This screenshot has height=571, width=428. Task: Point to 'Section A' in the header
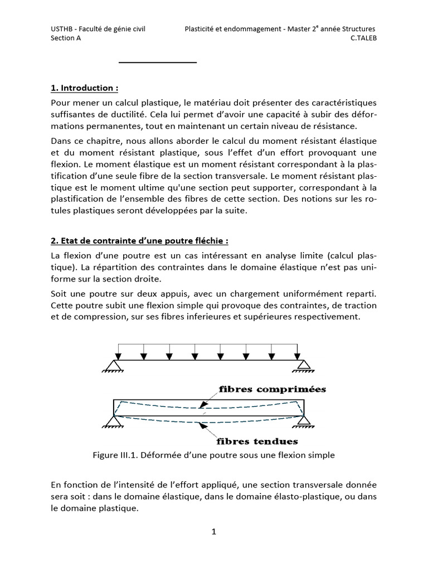click(x=66, y=38)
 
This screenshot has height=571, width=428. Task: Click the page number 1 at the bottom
click(x=213, y=531)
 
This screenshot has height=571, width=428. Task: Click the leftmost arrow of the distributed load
click(x=119, y=352)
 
